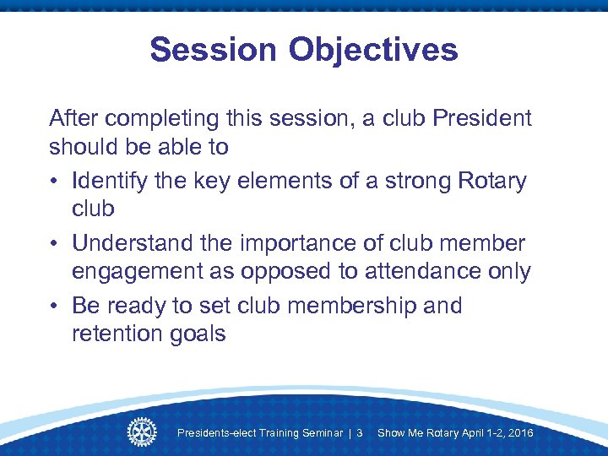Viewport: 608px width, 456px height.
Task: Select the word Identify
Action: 112,181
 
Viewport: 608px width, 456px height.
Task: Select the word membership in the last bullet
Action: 345,305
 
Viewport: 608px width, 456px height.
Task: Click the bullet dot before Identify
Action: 55,182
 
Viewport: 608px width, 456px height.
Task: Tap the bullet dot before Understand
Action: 55,244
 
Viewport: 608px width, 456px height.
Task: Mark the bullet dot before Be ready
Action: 55,305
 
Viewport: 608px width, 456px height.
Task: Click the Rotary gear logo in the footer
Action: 143,432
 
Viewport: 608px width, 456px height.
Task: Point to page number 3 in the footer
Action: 360,433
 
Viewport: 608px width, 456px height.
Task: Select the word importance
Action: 293,244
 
